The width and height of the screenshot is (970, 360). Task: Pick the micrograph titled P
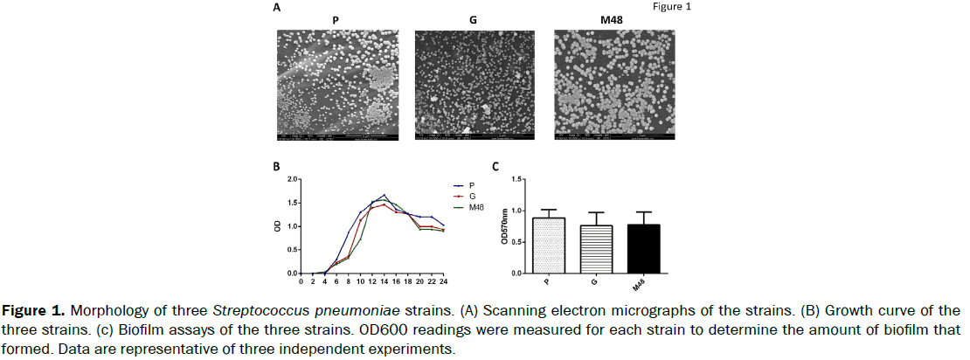[x=336, y=84]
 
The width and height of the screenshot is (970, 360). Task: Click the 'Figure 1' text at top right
[x=672, y=7]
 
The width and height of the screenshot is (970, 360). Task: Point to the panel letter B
[x=277, y=166]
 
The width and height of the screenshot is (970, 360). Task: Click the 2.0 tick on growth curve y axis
[x=290, y=180]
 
